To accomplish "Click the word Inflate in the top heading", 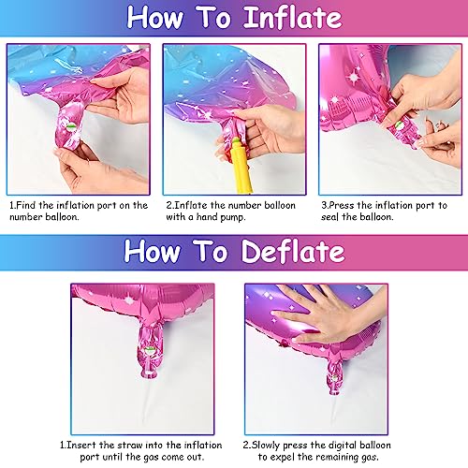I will pyautogui.click(x=286, y=17).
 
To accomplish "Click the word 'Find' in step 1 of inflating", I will pyautogui.click(x=30, y=205).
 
